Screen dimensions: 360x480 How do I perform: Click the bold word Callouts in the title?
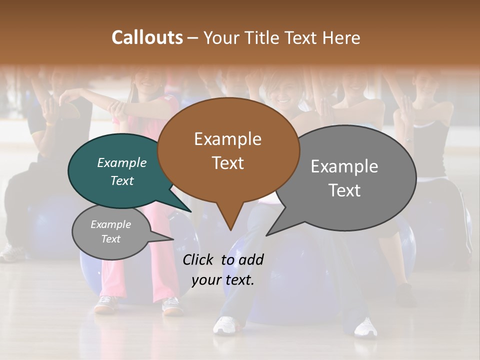point(147,37)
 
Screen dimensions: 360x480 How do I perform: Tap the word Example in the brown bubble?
point(227,139)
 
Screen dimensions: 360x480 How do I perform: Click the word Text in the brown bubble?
point(227,162)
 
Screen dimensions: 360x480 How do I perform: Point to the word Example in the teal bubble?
point(121,162)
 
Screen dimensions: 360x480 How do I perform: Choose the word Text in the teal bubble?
point(121,180)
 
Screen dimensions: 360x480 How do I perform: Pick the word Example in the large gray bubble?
point(344,166)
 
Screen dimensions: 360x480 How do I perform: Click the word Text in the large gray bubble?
point(344,190)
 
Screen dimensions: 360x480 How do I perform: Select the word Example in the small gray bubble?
point(110,224)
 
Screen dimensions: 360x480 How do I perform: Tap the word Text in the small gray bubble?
point(110,239)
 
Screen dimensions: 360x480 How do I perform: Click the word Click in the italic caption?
point(199,259)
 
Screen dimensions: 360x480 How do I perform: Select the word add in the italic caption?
point(250,259)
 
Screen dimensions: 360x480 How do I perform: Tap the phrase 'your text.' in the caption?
point(222,280)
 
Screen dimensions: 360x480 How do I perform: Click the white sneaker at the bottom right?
point(365,327)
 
